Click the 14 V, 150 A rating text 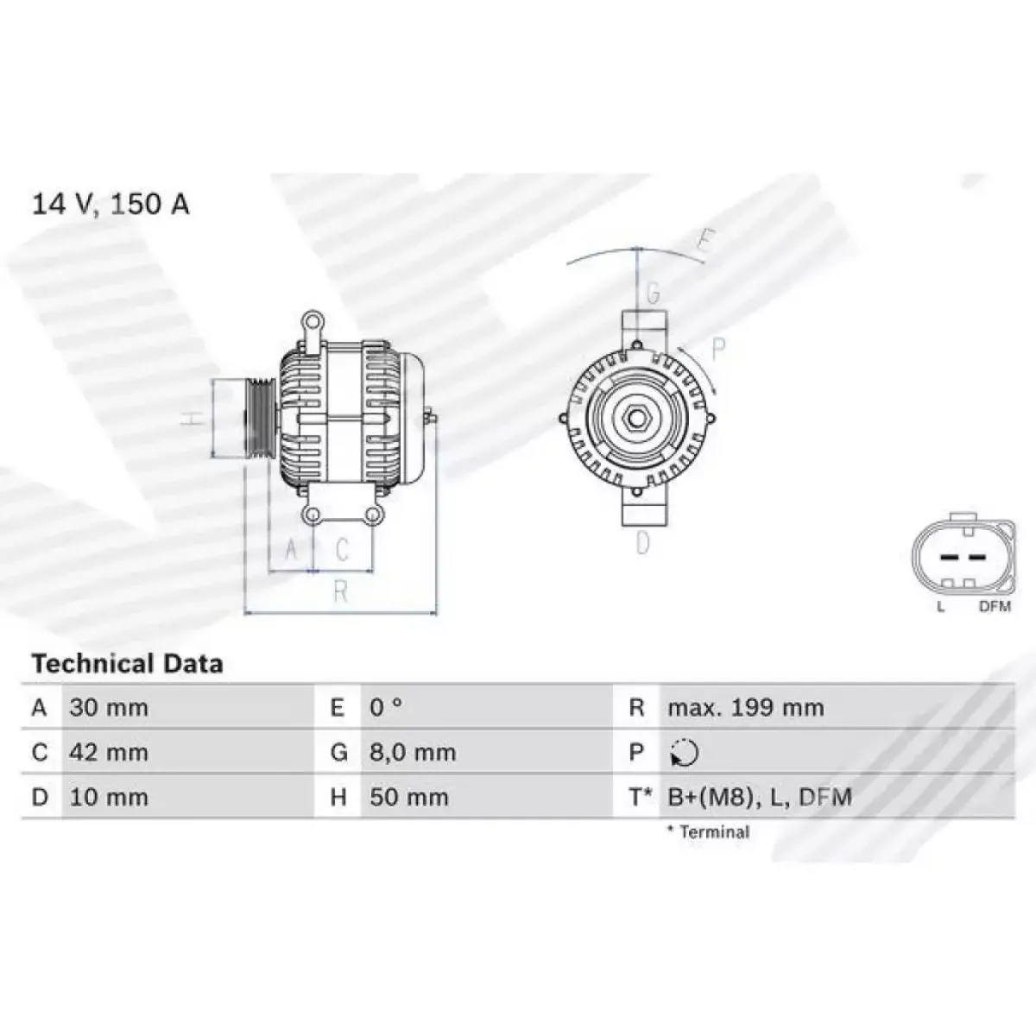111,205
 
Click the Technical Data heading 128,664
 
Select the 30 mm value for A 109,708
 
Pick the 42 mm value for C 109,752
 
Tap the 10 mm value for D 109,797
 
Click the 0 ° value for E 385,708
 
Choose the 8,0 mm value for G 413,752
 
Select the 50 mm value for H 408,797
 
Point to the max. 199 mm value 746,708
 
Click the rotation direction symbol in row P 685,753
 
